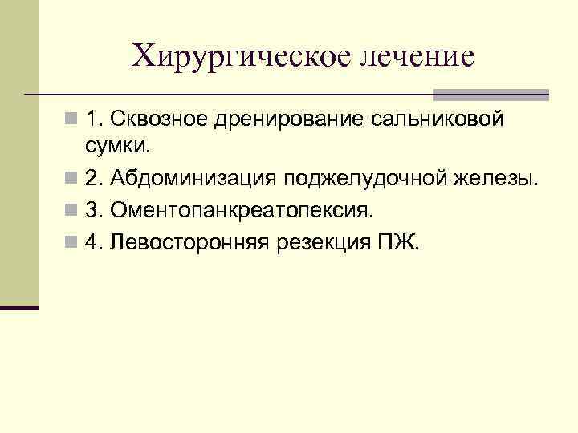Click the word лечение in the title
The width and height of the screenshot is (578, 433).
(417, 55)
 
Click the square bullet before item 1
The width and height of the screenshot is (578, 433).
(71, 120)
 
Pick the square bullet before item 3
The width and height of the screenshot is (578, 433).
(71, 210)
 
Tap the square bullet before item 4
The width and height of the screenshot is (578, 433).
(71, 243)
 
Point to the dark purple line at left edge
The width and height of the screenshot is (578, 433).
(19, 307)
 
